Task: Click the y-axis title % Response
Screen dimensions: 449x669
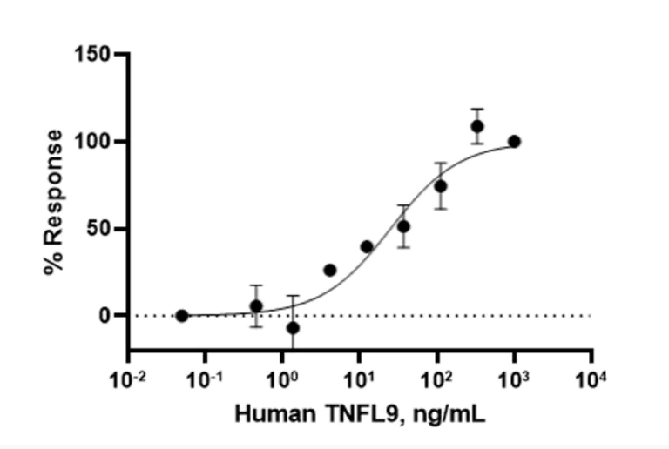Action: (x=54, y=203)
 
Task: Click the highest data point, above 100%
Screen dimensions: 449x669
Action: (x=476, y=126)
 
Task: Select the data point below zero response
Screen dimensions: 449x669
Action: (x=293, y=328)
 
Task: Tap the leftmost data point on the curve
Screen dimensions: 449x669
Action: (x=181, y=316)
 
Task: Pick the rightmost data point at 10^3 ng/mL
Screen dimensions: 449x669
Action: (x=514, y=141)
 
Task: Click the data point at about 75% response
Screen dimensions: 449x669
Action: (x=441, y=186)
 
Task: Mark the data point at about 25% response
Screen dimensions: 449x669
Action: (x=329, y=270)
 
